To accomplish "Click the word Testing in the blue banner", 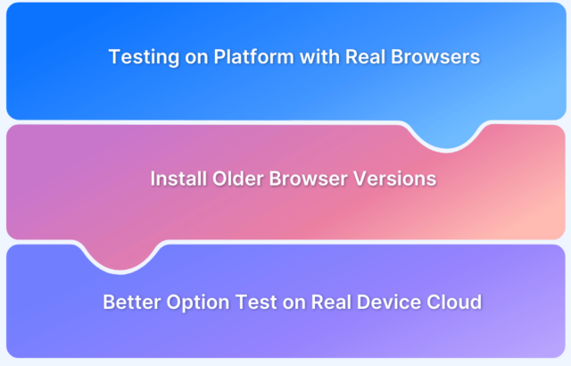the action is point(144,57).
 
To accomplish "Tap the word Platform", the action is point(253,56).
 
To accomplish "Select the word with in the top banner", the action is point(319,56).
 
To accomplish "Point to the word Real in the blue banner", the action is point(365,56).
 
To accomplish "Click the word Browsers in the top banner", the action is point(435,56).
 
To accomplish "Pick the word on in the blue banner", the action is point(196,58).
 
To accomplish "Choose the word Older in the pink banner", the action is point(238,179).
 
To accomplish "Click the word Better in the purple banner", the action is point(132,302).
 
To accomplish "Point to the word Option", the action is point(198,303).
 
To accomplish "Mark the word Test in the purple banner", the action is point(256,302).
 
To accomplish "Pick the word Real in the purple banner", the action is point(331,302).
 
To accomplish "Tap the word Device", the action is point(389,302).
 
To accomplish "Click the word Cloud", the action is point(454,302).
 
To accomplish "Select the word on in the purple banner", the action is point(294,304).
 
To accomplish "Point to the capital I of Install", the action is point(153,179).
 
